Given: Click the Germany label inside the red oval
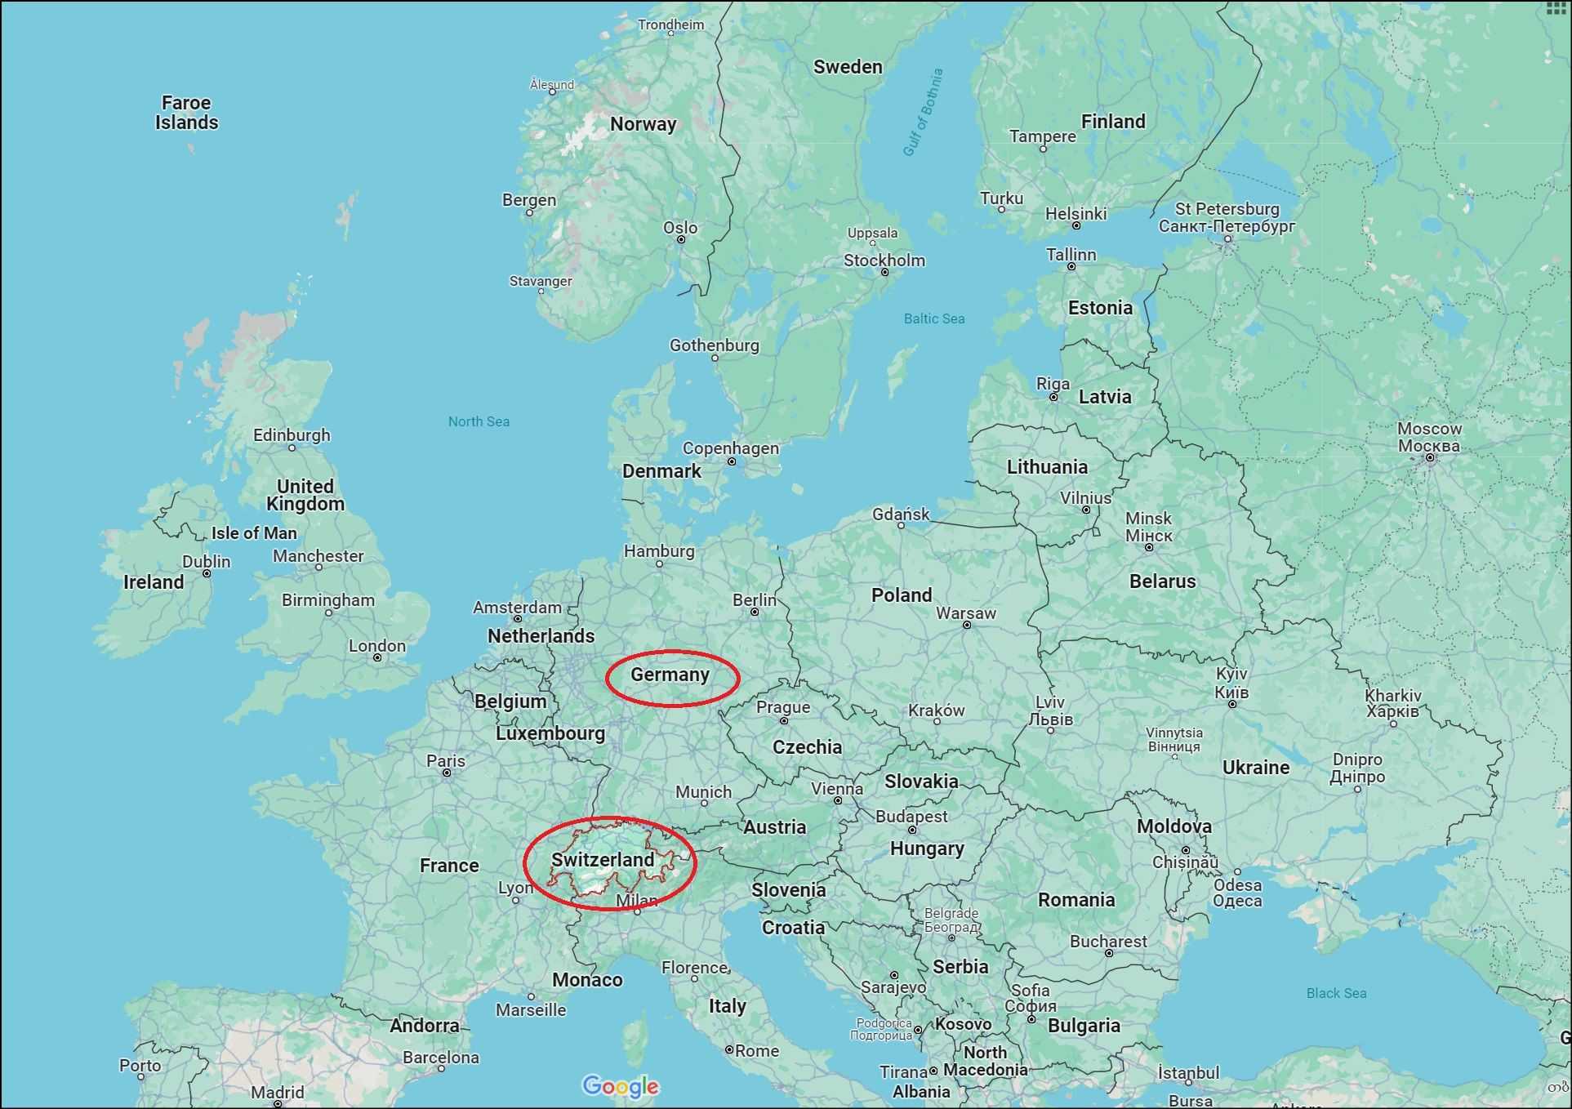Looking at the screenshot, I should click(670, 675).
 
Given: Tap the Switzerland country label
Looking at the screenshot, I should click(603, 860).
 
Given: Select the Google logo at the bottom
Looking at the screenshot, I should click(620, 1086).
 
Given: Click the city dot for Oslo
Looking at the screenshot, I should click(681, 239).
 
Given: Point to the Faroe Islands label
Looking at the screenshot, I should click(187, 113).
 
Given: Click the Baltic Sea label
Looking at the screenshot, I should click(933, 318).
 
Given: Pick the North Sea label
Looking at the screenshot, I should click(479, 421).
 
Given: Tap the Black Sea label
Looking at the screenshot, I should click(1336, 993).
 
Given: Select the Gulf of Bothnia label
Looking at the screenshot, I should click(923, 112).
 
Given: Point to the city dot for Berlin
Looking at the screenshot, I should click(755, 612).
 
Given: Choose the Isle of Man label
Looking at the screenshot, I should click(254, 533).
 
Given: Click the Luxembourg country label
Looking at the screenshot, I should click(550, 733).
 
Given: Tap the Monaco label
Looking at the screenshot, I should click(587, 980).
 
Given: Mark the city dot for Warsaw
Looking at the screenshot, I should click(967, 625).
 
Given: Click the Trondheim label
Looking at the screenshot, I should click(670, 24).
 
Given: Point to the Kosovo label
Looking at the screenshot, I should click(964, 1024).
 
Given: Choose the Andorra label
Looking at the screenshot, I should click(425, 1026).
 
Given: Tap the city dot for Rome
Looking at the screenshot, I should click(729, 1049).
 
